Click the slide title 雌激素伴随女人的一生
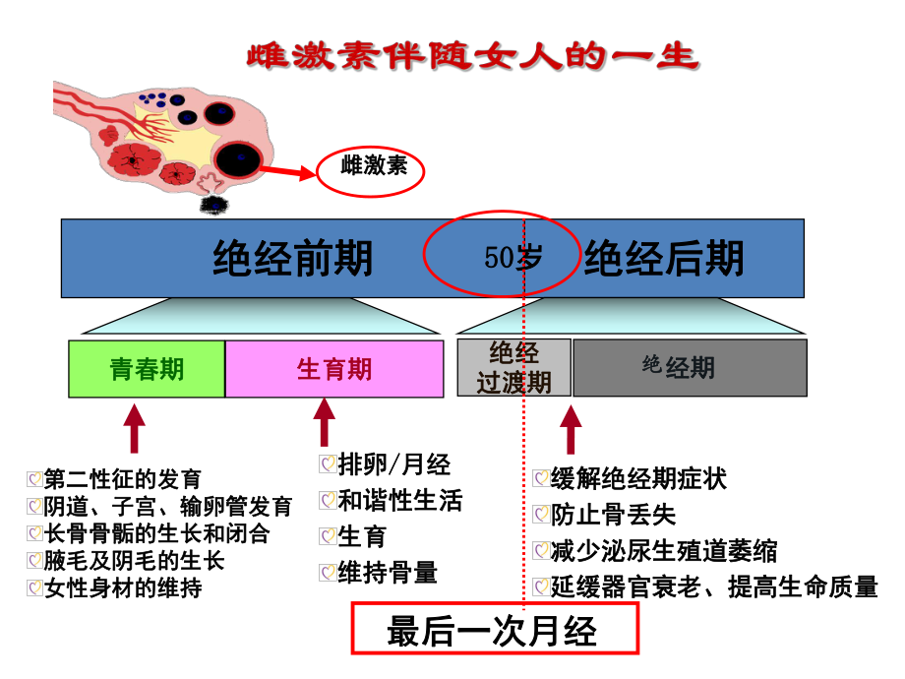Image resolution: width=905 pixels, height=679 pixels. [x=471, y=55]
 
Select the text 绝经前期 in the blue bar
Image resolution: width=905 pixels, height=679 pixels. [x=293, y=259]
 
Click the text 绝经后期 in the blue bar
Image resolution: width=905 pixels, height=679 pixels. [x=664, y=259]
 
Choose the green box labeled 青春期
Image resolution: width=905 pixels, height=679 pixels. [x=147, y=369]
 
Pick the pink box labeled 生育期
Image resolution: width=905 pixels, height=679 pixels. [x=334, y=369]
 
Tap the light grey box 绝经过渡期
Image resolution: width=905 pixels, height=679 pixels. [x=513, y=368]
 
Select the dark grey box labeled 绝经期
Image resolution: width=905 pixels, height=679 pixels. [x=690, y=368]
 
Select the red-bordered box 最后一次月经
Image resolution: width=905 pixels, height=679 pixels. [x=496, y=629]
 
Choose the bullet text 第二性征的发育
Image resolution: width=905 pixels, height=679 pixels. [x=123, y=479]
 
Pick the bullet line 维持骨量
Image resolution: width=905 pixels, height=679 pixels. [x=388, y=573]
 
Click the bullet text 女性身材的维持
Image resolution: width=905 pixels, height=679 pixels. [x=123, y=588]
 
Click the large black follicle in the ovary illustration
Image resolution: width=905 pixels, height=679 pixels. [x=237, y=158]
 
